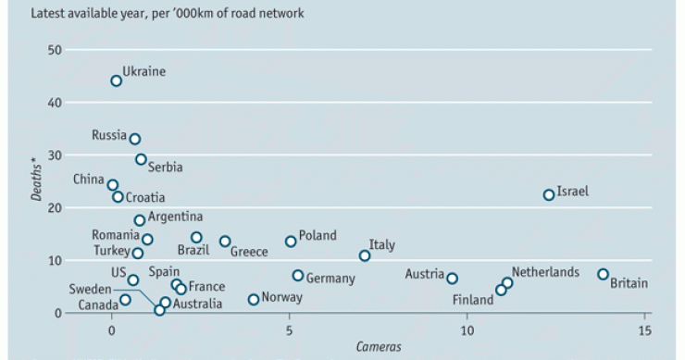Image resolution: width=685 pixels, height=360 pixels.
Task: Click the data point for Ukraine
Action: [x=117, y=81]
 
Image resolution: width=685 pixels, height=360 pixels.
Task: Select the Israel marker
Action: [x=549, y=194]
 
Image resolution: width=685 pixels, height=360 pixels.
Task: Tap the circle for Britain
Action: [x=603, y=274]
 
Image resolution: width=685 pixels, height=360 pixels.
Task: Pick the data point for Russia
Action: [x=135, y=139]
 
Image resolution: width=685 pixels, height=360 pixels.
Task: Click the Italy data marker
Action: [x=365, y=255]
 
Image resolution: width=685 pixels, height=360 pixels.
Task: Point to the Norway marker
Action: [x=254, y=299]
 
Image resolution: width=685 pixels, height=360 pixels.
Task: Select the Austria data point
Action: [x=452, y=278]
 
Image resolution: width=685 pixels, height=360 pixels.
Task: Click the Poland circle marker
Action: [x=291, y=241]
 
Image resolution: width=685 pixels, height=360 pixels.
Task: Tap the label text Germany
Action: [x=330, y=279]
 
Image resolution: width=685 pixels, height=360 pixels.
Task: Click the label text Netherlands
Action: [x=545, y=272]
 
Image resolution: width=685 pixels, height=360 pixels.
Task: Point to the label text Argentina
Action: [x=175, y=217]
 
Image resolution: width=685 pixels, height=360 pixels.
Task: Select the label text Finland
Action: [x=473, y=300]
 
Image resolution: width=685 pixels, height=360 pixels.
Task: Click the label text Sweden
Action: [x=90, y=289]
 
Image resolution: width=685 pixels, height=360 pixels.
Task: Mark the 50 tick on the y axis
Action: [x=57, y=49]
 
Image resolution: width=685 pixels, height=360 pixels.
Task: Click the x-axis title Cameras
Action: [x=379, y=347]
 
